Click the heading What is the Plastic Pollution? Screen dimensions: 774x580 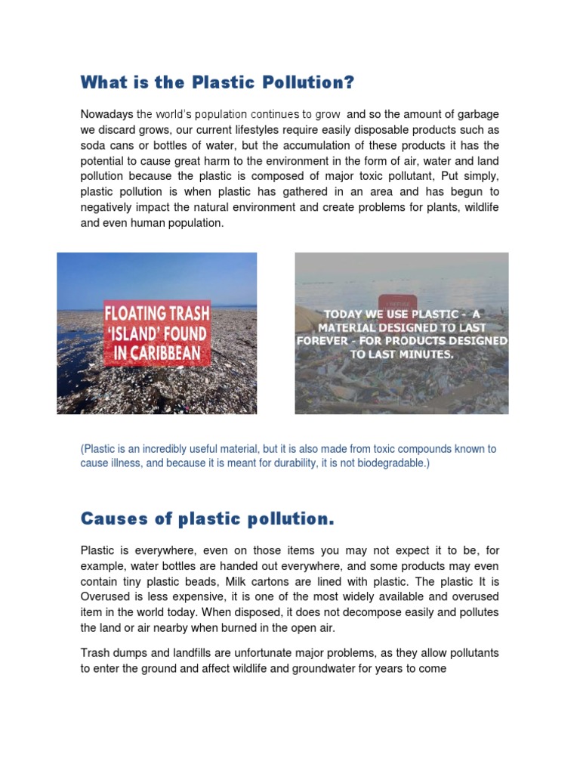217,82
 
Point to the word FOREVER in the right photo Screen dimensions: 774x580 328,341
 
